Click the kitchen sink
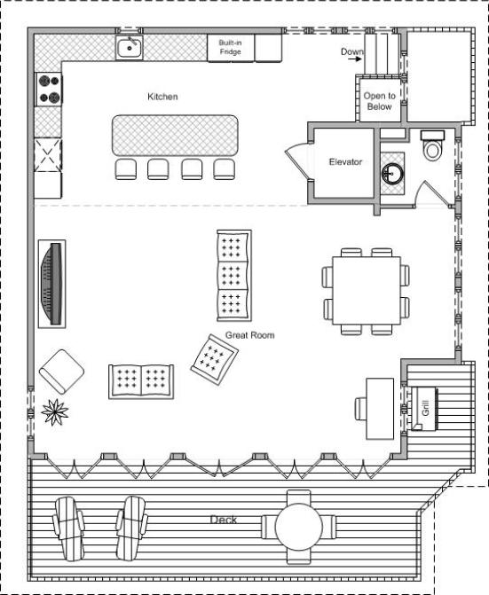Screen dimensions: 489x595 point(130,48)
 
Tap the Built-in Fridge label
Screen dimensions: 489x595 point(230,47)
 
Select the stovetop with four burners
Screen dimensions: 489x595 point(49,90)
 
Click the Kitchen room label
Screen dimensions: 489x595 point(162,97)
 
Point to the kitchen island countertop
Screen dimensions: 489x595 point(175,136)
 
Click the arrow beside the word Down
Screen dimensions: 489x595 point(355,59)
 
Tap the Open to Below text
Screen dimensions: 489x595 point(379,101)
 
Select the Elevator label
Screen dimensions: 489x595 point(345,162)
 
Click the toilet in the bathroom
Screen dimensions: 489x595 point(432,145)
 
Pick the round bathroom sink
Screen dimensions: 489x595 point(392,174)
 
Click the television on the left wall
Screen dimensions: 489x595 point(52,284)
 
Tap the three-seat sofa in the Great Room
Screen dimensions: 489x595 point(234,276)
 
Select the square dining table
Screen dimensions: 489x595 point(367,291)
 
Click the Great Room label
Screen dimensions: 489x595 point(249,335)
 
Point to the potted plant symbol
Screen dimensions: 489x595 point(55,411)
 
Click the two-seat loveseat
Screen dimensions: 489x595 point(141,382)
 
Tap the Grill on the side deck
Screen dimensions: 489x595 point(423,408)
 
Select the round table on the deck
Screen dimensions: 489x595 point(299,527)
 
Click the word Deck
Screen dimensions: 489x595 point(224,520)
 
